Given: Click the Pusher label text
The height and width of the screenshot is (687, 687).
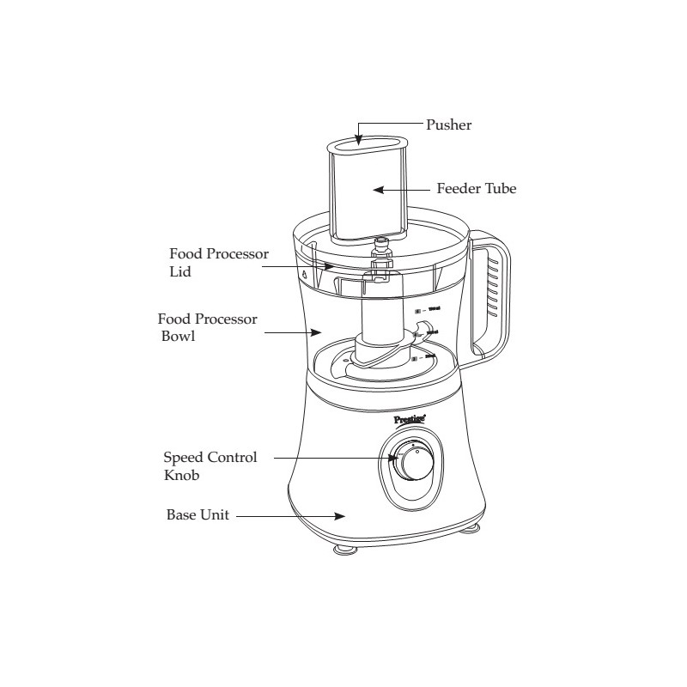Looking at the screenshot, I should [x=449, y=125].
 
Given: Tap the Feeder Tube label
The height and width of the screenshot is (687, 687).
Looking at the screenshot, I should [x=477, y=188].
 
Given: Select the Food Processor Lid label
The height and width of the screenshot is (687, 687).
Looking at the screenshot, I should [x=219, y=263].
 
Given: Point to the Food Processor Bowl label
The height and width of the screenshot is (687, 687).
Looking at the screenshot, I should [x=208, y=328].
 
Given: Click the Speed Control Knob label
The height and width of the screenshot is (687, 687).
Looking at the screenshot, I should [x=210, y=465].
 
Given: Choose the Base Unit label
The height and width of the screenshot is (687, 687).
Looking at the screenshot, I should [x=198, y=517].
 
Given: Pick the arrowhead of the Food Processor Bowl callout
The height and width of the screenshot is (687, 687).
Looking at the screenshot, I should [x=317, y=328].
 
